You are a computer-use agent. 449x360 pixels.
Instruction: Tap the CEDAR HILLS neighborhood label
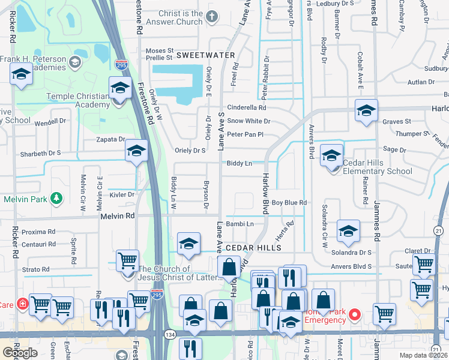click(x=253, y=247)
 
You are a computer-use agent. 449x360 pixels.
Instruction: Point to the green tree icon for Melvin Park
click(x=56, y=197)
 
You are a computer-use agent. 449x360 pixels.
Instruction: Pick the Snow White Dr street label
click(x=249, y=121)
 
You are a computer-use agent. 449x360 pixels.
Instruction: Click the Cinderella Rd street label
click(x=246, y=107)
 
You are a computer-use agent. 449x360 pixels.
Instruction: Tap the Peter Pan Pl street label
click(x=246, y=134)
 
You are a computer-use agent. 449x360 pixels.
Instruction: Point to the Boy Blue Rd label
click(x=289, y=203)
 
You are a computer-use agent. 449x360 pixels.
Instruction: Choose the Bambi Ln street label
click(x=241, y=224)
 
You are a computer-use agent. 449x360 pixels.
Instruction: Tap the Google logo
click(x=20, y=352)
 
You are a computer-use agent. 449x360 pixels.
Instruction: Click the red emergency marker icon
click(x=355, y=313)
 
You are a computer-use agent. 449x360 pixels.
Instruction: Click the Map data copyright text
click(x=424, y=355)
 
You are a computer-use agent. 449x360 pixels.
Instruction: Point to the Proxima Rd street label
click(x=38, y=231)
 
